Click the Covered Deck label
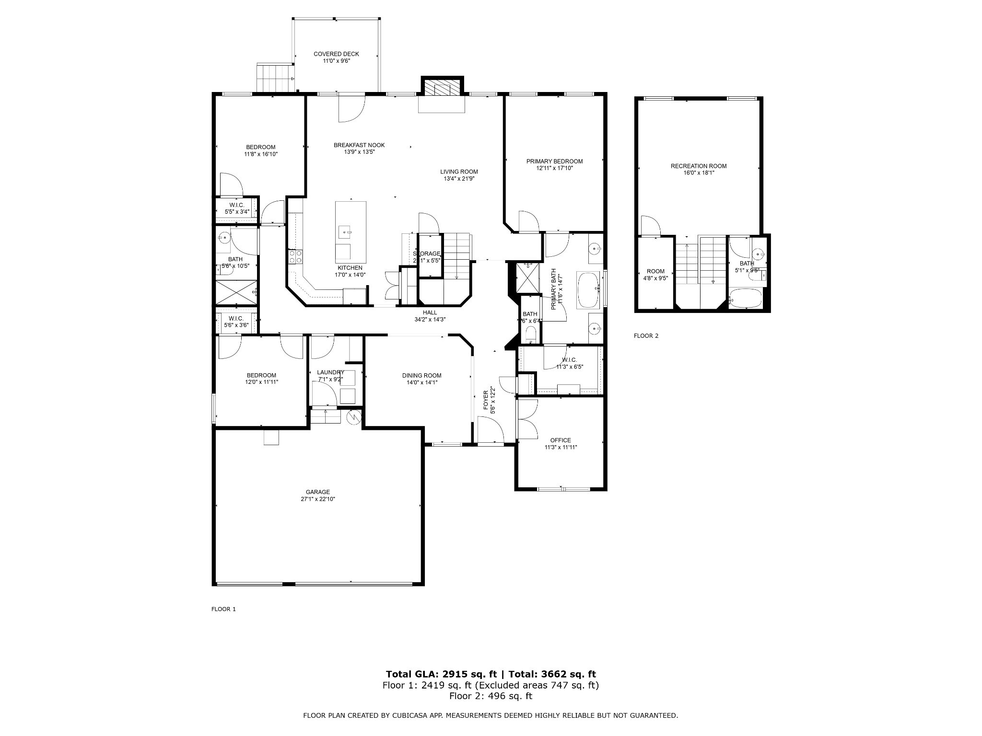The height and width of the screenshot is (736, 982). tap(336, 54)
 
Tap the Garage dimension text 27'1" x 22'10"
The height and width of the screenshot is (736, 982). tap(317, 499)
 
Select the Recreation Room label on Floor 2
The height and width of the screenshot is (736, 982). tap(698, 166)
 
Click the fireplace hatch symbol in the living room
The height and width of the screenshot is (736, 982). tap(442, 88)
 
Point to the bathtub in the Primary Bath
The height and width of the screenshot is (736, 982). tap(588, 290)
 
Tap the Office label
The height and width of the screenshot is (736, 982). tap(561, 440)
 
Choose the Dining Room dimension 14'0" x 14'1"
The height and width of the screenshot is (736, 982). tap(421, 382)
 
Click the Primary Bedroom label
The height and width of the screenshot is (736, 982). tap(554, 161)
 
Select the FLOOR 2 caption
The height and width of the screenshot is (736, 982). tap(646, 336)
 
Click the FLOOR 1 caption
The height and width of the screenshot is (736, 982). tap(223, 609)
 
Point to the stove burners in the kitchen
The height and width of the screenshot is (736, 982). tap(295, 257)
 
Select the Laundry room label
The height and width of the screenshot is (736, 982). tap(330, 372)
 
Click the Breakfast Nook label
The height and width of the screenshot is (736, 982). tap(359, 145)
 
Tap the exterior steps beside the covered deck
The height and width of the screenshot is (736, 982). tap(275, 78)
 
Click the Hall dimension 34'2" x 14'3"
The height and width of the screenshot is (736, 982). tap(430, 319)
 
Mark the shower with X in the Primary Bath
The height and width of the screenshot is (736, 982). tap(527, 277)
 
